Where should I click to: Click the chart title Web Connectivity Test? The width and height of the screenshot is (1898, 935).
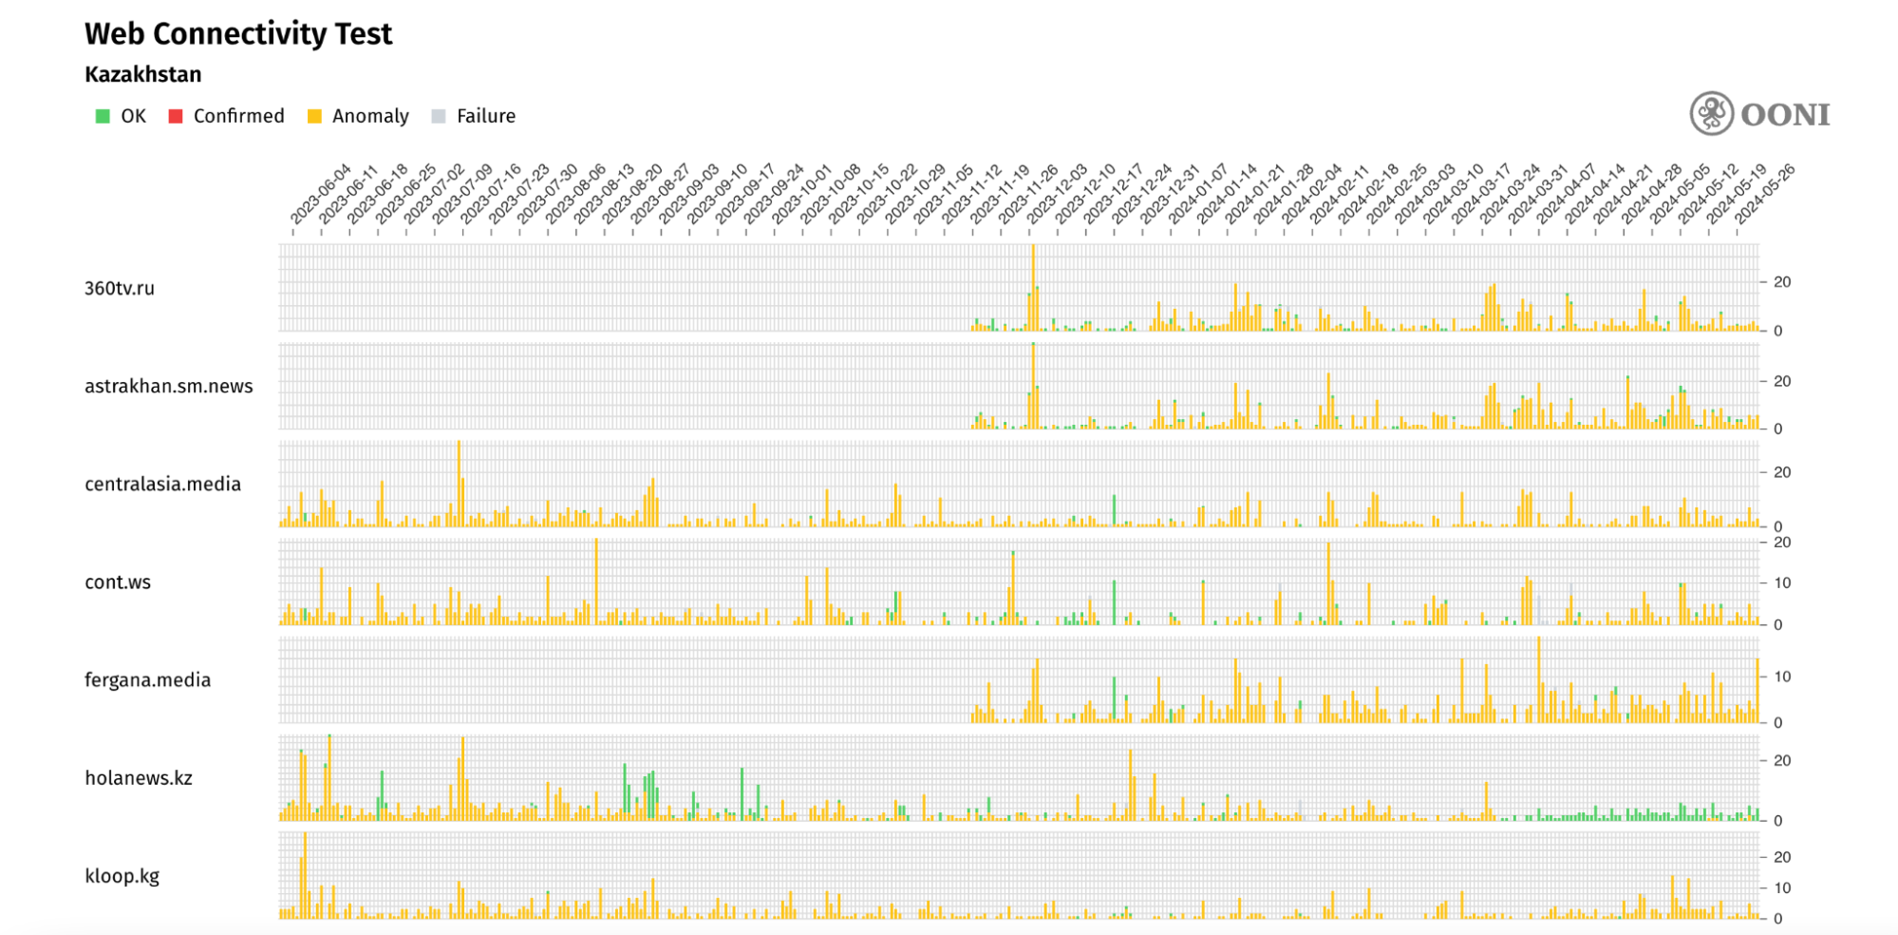click(238, 34)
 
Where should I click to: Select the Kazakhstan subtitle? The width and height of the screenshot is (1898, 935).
click(142, 74)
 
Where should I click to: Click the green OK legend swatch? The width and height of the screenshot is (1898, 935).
click(103, 116)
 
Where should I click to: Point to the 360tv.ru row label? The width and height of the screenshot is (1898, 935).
click(119, 288)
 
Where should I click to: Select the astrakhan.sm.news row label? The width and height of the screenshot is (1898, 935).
click(168, 386)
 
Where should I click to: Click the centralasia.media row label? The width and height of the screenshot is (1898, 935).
click(162, 484)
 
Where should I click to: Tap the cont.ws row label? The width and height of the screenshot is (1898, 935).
click(117, 582)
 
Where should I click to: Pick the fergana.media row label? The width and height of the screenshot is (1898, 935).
click(147, 679)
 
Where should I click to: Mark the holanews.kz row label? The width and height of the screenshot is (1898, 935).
click(138, 777)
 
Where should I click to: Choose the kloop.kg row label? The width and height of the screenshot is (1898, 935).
click(122, 875)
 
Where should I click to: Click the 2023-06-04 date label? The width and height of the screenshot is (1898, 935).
click(320, 196)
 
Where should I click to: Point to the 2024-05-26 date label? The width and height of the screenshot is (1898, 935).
click(1765, 196)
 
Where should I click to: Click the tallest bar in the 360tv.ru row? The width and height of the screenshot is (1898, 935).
click(1033, 285)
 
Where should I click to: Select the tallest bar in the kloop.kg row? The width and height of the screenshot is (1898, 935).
click(305, 874)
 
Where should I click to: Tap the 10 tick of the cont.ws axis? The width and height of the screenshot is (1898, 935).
click(1782, 582)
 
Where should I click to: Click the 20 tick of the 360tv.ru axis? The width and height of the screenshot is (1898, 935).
click(1782, 282)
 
